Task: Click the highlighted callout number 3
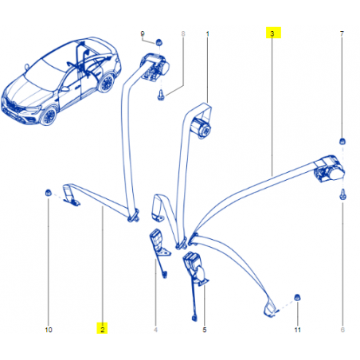click(x=272, y=33)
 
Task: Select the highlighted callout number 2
click(x=103, y=330)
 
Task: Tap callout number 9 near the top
click(x=143, y=34)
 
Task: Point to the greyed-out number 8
click(x=183, y=34)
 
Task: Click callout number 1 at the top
click(x=208, y=34)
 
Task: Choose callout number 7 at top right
click(x=342, y=34)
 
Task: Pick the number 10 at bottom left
click(x=49, y=330)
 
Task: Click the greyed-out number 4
click(x=155, y=330)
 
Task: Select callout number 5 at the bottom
click(x=205, y=330)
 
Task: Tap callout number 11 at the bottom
click(x=297, y=330)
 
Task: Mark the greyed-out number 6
click(x=342, y=330)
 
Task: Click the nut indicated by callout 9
click(x=158, y=42)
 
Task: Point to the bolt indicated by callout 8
click(x=161, y=96)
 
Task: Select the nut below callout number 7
click(x=342, y=141)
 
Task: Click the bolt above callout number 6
click(x=342, y=194)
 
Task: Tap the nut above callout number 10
click(x=48, y=193)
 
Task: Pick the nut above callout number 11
click(x=297, y=297)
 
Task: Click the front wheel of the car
click(x=49, y=116)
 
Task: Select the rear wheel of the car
click(x=107, y=84)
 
